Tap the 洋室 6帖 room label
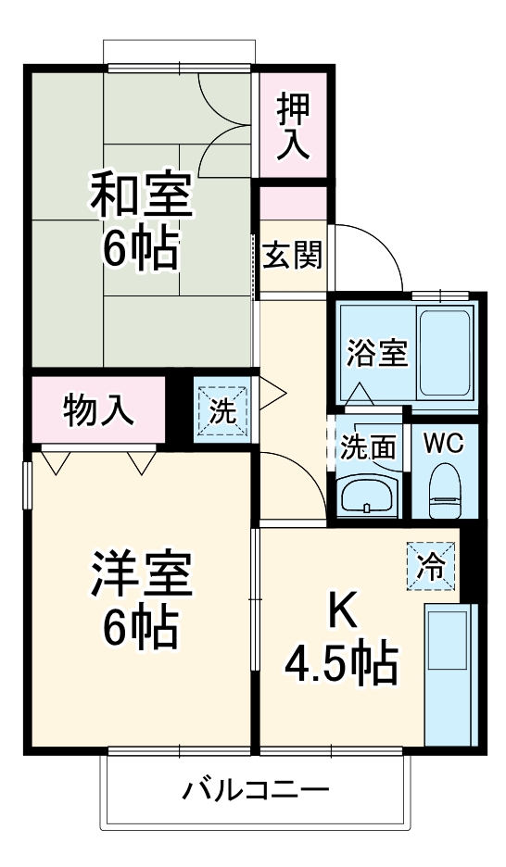141,600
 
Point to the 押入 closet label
293,125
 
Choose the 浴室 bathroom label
376,353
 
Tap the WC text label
443,445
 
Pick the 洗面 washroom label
368,446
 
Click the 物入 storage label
98,409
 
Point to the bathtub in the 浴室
447,352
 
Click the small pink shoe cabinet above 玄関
293,202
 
